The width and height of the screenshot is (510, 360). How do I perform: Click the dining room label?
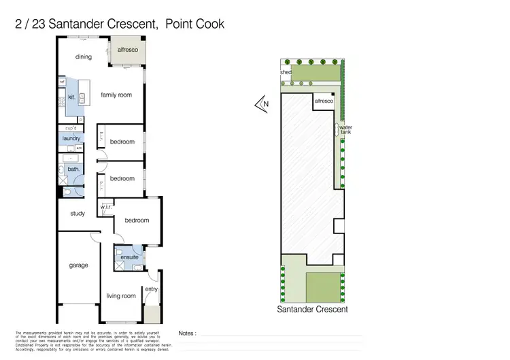[x=84, y=57]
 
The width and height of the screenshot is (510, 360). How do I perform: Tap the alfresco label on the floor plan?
[x=127, y=50]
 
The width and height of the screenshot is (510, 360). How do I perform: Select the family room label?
[x=116, y=95]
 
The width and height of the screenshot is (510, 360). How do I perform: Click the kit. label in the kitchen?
[x=71, y=97]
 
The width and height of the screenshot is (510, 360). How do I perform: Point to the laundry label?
[x=71, y=138]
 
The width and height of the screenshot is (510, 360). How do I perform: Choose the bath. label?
[x=73, y=169]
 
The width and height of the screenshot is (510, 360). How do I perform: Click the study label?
[x=78, y=214]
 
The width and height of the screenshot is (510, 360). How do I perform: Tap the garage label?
[x=78, y=265]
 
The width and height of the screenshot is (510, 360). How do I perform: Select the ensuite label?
[x=129, y=257]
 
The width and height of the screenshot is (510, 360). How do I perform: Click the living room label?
[x=121, y=295]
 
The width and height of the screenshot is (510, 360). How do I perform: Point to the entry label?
[x=151, y=289]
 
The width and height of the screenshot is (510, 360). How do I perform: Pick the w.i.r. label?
[x=106, y=207]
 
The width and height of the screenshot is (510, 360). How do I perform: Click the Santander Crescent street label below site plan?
[x=312, y=309]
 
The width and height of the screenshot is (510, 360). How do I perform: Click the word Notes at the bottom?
[x=187, y=333]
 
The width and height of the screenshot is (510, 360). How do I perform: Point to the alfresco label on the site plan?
[x=323, y=101]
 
